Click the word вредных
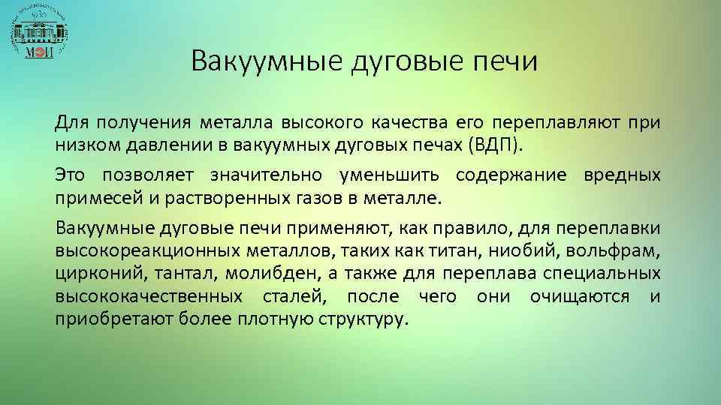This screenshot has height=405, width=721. [622, 175]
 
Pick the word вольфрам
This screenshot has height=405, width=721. [624, 250]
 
